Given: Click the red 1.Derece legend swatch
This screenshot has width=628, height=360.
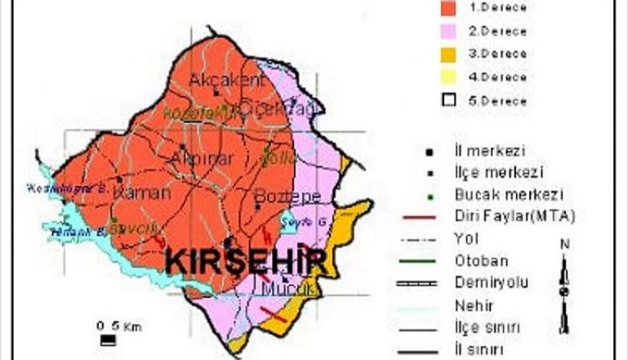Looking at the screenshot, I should (x=448, y=8).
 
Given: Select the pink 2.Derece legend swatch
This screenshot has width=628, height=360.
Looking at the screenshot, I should (x=448, y=31).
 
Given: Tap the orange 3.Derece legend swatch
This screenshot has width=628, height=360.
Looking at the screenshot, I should (x=448, y=54).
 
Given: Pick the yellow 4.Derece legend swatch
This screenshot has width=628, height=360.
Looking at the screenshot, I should (x=448, y=77).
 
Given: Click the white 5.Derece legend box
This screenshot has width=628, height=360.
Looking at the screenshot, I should (x=448, y=100).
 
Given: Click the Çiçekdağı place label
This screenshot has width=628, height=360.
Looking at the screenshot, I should (x=277, y=108).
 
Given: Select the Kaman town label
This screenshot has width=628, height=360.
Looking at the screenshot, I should (x=142, y=193).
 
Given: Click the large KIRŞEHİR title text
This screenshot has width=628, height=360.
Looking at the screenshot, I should (x=246, y=262).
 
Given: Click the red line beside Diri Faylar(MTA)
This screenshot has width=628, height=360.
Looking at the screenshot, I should (x=419, y=216).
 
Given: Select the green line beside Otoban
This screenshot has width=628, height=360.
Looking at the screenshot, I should (x=419, y=261).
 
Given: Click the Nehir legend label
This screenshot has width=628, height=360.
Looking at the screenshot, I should (x=474, y=305).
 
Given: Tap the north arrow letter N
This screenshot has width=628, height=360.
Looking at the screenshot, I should (x=564, y=244).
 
